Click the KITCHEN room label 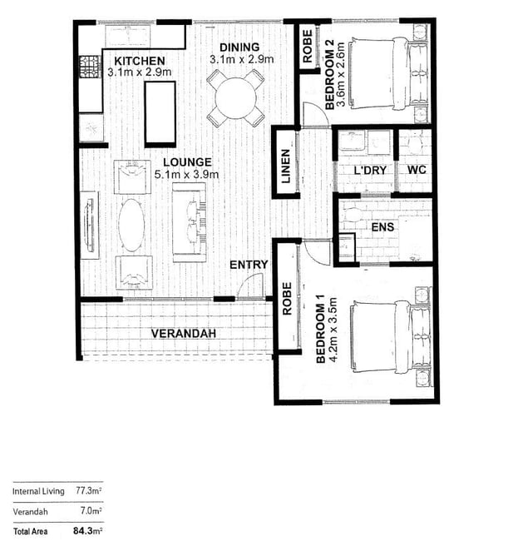[x=140, y=61]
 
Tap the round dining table [x=236, y=98]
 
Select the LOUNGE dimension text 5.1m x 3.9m [x=186, y=175]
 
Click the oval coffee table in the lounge [x=131, y=225]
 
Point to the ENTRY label [x=249, y=265]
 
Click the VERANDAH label [x=184, y=333]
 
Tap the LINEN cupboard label [x=286, y=166]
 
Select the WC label [x=417, y=170]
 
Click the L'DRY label [x=370, y=170]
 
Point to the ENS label [x=382, y=227]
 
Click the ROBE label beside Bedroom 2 [x=307, y=47]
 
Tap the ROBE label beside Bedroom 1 [x=287, y=299]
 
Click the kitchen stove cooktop [x=90, y=67]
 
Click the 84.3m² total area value [x=87, y=530]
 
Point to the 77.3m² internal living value [x=89, y=490]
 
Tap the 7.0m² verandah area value [x=91, y=510]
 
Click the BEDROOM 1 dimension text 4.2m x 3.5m [x=333, y=330]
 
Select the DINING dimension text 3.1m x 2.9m [x=242, y=59]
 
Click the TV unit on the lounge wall [x=90, y=225]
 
